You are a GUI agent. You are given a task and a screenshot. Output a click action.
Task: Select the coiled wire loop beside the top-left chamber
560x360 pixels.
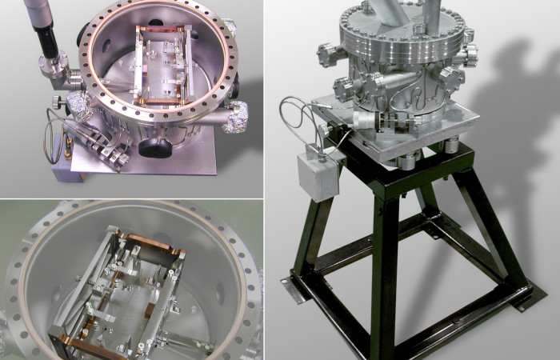click(x=54, y=128)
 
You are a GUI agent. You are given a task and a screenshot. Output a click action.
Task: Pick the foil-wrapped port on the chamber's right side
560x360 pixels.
click(x=237, y=120)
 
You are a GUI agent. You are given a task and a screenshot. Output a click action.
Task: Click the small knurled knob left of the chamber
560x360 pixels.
click(x=60, y=102)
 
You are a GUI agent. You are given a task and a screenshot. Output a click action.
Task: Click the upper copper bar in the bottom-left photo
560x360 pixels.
click(x=152, y=242)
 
